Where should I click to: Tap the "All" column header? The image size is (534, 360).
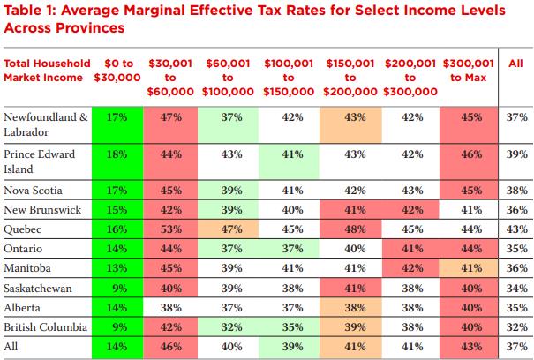(x=515, y=64)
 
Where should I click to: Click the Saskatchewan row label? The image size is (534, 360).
(x=38, y=288)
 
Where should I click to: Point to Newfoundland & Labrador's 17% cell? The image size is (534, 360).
(x=116, y=117)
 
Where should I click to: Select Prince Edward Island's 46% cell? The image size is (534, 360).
(x=472, y=154)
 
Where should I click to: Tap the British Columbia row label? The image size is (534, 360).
(x=44, y=326)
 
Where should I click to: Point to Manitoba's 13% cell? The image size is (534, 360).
(x=116, y=267)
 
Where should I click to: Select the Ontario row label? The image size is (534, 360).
(x=26, y=248)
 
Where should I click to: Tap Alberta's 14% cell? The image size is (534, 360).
(x=116, y=307)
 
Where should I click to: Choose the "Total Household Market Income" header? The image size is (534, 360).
(x=47, y=71)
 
